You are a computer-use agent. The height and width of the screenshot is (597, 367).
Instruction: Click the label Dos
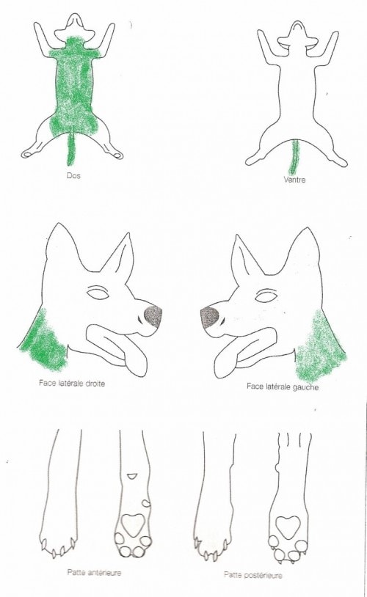(x=73, y=176)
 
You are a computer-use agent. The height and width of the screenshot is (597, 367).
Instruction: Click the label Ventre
(x=294, y=180)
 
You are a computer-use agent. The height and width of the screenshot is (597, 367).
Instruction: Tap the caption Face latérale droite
(x=72, y=383)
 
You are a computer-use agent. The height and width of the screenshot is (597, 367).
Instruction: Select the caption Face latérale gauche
(x=283, y=387)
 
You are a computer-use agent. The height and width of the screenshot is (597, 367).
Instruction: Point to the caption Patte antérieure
(x=94, y=572)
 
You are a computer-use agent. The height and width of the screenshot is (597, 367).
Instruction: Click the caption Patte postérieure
(x=253, y=574)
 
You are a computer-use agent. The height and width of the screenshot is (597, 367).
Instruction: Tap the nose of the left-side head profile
(x=210, y=318)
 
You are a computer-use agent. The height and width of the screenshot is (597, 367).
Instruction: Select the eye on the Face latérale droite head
(x=98, y=293)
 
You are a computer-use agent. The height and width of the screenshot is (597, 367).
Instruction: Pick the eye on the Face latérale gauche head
(x=266, y=296)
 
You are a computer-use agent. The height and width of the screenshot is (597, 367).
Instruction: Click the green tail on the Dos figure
(x=71, y=147)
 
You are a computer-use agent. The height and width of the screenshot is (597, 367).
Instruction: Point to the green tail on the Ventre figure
(x=294, y=157)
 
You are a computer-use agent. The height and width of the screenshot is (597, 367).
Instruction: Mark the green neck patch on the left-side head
(x=321, y=346)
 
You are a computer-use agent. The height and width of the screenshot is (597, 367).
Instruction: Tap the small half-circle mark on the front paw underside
(x=132, y=476)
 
